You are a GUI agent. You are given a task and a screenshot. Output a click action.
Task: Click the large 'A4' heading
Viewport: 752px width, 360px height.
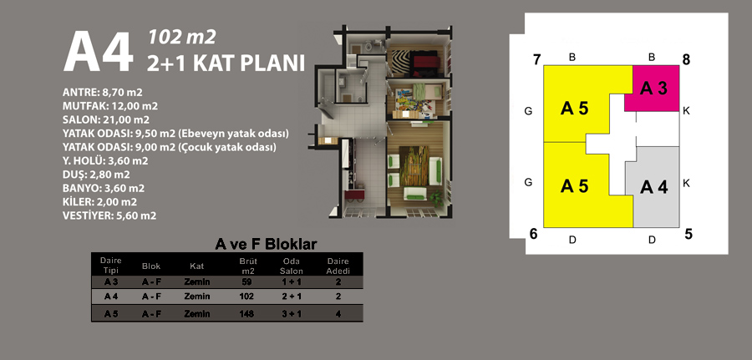click(x=99, y=53)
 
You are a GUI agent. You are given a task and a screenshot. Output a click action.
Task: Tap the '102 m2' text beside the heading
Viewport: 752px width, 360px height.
click(x=182, y=37)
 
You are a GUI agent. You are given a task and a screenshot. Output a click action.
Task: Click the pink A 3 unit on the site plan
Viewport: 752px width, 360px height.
click(x=653, y=89)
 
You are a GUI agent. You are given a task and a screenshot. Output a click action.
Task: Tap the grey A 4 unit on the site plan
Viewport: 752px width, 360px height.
click(x=653, y=187)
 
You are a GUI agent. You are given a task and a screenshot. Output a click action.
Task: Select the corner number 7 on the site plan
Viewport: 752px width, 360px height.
click(x=536, y=60)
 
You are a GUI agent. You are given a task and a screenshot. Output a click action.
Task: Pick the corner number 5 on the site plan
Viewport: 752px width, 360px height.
click(x=688, y=235)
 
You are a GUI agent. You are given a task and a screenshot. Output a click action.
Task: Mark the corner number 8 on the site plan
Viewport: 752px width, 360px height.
click(x=686, y=60)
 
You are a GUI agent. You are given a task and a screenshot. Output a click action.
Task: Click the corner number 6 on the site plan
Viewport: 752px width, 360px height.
click(x=533, y=234)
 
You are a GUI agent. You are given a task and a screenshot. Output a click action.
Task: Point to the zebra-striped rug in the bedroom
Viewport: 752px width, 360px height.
click(x=400, y=63)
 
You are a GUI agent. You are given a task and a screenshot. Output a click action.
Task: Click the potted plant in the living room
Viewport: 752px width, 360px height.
click(x=436, y=197)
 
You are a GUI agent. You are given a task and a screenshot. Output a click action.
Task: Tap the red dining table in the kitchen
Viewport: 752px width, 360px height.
click(x=355, y=195)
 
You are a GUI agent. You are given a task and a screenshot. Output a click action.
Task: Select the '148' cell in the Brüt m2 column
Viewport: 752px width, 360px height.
click(x=246, y=314)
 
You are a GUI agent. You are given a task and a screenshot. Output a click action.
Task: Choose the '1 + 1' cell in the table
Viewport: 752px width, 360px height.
click(x=292, y=281)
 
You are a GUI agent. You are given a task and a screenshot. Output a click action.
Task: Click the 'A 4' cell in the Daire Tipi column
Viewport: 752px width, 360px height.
click(x=111, y=297)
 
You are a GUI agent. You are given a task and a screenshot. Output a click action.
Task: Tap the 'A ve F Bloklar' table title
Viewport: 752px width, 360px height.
click(x=267, y=244)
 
